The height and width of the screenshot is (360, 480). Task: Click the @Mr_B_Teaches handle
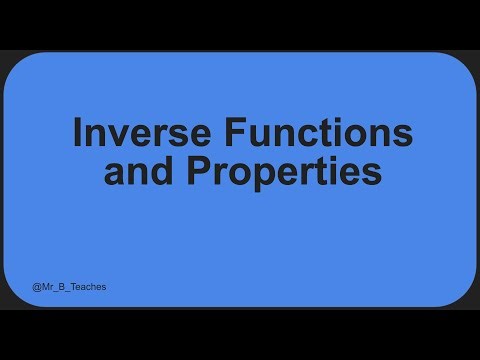coord(69,287)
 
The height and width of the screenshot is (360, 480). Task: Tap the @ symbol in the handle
coord(37,287)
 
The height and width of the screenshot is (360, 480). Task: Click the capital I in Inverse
coord(78,133)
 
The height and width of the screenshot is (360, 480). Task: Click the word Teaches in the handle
coord(87,287)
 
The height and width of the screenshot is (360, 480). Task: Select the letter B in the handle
coord(62,287)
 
